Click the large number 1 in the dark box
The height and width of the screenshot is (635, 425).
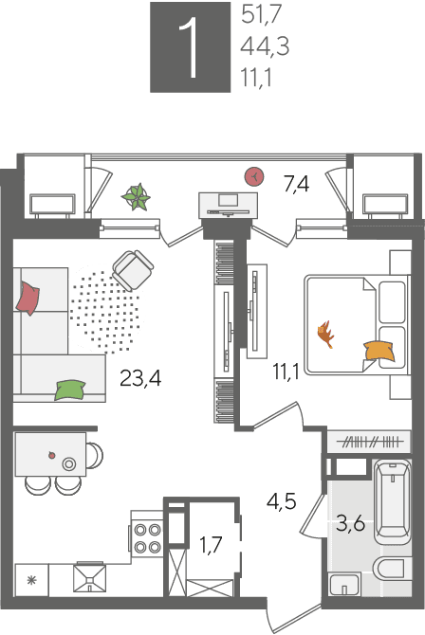(190, 47)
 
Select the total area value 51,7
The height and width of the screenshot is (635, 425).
(261, 15)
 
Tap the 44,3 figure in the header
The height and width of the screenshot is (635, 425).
(265, 46)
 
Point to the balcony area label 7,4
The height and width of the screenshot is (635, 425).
(296, 185)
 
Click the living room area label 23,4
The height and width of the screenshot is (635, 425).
(140, 379)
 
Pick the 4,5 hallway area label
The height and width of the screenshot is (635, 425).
(282, 501)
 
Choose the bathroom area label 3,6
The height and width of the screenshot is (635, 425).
(351, 524)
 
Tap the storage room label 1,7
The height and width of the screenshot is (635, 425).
(212, 545)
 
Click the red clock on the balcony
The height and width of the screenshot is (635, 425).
(254, 176)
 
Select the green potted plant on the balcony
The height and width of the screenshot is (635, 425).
(137, 197)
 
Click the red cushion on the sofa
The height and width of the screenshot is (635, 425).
(28, 298)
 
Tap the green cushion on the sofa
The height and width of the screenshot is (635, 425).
(70, 390)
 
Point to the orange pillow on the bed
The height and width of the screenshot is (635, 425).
(379, 351)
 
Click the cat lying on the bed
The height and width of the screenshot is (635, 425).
(325, 334)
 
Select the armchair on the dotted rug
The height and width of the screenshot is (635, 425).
(133, 270)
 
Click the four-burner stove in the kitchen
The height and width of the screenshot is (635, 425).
(147, 538)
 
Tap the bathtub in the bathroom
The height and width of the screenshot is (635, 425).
(393, 501)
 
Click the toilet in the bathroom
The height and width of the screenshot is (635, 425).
(392, 569)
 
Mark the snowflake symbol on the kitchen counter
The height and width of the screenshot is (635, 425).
(31, 581)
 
